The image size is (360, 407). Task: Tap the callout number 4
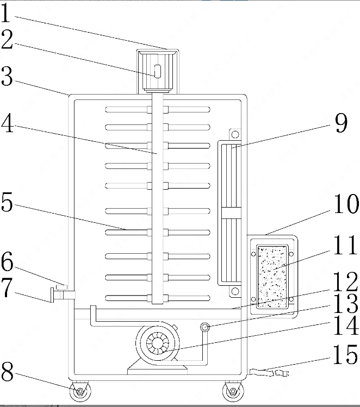(x=7, y=123)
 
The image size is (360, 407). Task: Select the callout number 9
(x=341, y=123)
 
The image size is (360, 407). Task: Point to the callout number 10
(x=346, y=204)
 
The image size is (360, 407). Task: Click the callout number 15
(x=345, y=354)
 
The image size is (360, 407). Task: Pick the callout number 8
(x=7, y=371)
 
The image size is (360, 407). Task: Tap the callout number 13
(x=345, y=303)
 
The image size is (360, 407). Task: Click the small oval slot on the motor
(x=158, y=71)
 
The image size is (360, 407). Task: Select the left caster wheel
(x=80, y=391)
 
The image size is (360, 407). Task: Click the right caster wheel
(x=233, y=391)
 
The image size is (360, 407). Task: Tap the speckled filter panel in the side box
(x=272, y=277)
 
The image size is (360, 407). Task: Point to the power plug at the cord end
(x=282, y=373)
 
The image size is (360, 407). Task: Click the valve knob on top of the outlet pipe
(x=62, y=287)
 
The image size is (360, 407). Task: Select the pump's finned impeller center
(x=157, y=344)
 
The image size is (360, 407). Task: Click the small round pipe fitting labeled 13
(x=205, y=327)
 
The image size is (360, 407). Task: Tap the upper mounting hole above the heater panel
(x=235, y=134)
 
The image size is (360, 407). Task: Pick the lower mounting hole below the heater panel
(x=235, y=291)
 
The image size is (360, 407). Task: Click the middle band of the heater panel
(x=231, y=213)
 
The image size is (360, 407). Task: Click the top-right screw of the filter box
(x=291, y=254)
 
